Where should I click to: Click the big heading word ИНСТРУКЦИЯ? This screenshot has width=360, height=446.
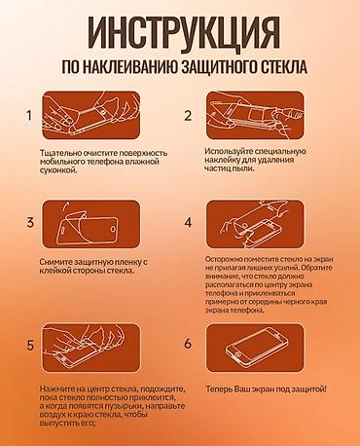pyautogui.click(x=184, y=34)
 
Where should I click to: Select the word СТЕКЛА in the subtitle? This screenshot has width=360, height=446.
pyautogui.click(x=284, y=67)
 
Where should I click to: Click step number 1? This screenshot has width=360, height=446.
pyautogui.click(x=29, y=115)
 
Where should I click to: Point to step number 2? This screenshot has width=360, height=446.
pyautogui.click(x=188, y=116)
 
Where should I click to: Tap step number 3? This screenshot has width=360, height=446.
pyautogui.click(x=30, y=222)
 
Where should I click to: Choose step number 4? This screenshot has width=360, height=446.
pyautogui.click(x=188, y=223)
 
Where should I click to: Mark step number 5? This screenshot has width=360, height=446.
pyautogui.click(x=30, y=345)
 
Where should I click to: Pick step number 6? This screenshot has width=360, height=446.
pyautogui.click(x=188, y=344)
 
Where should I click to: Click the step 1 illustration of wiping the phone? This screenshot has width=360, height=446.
pyautogui.click(x=91, y=116)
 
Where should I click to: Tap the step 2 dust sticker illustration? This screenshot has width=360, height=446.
pyautogui.click(x=255, y=116)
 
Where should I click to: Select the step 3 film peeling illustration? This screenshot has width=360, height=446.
pyautogui.click(x=91, y=224)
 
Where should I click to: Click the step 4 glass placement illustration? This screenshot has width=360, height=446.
pyautogui.click(x=255, y=224)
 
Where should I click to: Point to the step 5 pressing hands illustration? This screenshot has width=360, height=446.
pyautogui.click(x=91, y=348)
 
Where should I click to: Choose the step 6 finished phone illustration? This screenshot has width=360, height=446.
pyautogui.click(x=255, y=348)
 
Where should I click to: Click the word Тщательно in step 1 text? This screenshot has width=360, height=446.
pyautogui.click(x=60, y=153)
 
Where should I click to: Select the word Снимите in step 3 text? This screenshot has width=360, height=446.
pyautogui.click(x=55, y=262)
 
